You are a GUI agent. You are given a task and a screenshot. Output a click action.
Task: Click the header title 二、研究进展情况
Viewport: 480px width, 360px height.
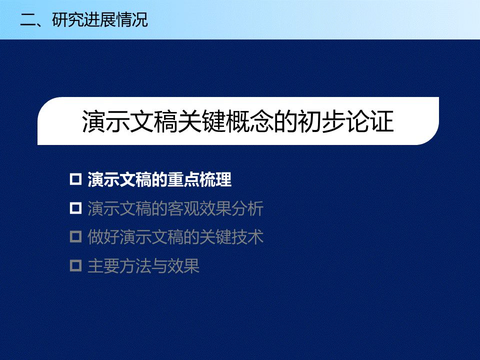[84, 20]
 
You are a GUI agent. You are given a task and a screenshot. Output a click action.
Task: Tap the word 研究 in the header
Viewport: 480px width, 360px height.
[68, 20]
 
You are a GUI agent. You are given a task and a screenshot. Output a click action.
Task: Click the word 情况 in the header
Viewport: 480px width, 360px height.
[132, 20]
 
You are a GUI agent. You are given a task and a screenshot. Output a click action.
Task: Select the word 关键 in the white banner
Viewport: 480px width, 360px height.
[202, 121]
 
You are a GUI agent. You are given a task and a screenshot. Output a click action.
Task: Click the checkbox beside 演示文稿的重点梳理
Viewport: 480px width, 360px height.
[75, 179]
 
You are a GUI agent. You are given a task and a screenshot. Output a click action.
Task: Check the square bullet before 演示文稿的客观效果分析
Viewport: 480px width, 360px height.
[75, 208]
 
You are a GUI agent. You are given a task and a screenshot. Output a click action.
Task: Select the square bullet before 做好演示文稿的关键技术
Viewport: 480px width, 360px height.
[75, 237]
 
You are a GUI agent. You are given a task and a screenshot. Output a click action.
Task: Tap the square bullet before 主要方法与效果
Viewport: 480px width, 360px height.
[75, 265]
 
